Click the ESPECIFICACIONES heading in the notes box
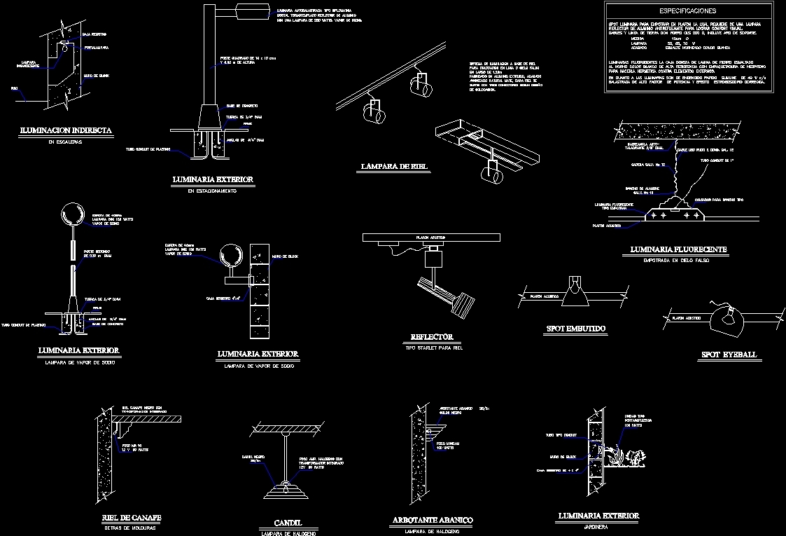point(687,11)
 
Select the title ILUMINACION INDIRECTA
point(66,130)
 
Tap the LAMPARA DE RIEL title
point(394,167)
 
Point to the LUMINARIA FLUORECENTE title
point(678,249)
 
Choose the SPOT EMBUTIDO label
point(575,328)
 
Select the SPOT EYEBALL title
point(729,355)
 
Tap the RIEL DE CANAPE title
point(132,518)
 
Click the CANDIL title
point(288,523)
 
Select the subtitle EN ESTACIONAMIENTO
point(213,191)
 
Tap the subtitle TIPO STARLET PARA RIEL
point(434,348)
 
